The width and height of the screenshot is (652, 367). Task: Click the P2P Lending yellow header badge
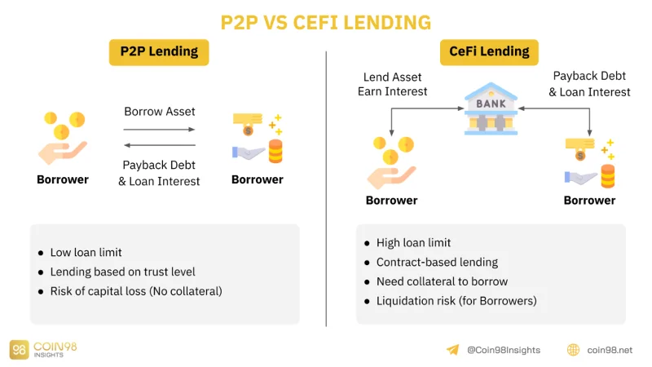pyautogui.click(x=159, y=52)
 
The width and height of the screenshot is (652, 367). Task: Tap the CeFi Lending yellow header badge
pyautogui.click(x=489, y=52)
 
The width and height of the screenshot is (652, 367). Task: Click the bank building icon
pyautogui.click(x=491, y=108)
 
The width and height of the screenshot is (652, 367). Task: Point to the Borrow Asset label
pyautogui.click(x=160, y=112)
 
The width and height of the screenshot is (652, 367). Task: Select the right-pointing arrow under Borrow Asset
pyautogui.click(x=159, y=130)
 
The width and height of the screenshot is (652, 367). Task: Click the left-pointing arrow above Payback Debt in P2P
pyautogui.click(x=160, y=145)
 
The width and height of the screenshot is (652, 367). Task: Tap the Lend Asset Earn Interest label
pyautogui.click(x=393, y=84)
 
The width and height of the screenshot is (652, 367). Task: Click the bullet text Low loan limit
pyautogui.click(x=86, y=252)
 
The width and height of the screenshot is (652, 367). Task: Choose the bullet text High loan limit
pyautogui.click(x=413, y=242)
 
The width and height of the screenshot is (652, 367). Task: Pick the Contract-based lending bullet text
pyautogui.click(x=437, y=262)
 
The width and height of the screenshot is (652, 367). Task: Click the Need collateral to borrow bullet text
pyautogui.click(x=442, y=281)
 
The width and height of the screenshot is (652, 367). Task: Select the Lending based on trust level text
pyautogui.click(x=123, y=272)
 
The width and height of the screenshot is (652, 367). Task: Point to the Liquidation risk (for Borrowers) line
pyautogui.click(x=456, y=301)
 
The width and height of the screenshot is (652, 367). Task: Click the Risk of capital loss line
pyautogui.click(x=136, y=291)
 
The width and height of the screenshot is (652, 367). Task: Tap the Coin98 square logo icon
pyautogui.click(x=19, y=350)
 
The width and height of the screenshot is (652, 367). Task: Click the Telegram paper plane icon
pyautogui.click(x=453, y=350)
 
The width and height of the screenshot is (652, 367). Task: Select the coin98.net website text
pyautogui.click(x=610, y=351)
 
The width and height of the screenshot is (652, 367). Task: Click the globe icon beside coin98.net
pyautogui.click(x=574, y=350)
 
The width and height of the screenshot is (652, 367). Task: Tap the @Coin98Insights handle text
pyautogui.click(x=504, y=351)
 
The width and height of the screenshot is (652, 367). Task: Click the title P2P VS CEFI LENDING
pyautogui.click(x=325, y=23)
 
